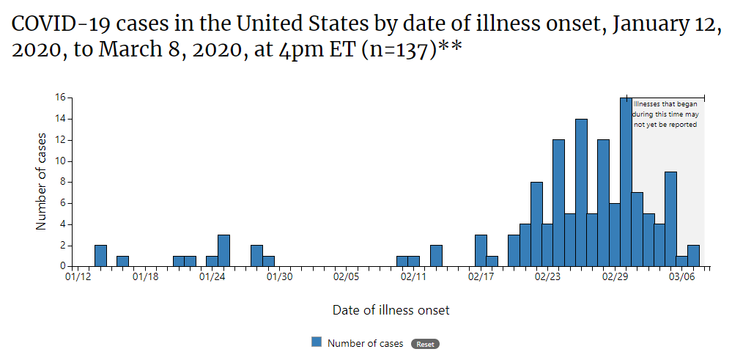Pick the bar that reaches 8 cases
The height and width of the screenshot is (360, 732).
(536, 224)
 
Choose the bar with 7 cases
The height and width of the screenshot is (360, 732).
(637, 229)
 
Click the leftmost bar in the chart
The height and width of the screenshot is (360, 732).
(100, 256)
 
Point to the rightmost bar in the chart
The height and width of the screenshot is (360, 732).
(693, 256)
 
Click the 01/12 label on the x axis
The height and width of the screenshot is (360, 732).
(78, 277)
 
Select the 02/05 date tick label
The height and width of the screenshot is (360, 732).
(346, 277)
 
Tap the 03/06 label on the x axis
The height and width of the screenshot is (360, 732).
(681, 277)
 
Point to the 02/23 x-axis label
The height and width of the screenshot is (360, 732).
(547, 277)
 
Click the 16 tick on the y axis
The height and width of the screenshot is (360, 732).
(60, 98)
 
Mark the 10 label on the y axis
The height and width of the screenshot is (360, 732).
(60, 161)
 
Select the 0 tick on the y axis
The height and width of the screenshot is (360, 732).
(63, 266)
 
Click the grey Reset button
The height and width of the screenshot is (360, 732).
(425, 344)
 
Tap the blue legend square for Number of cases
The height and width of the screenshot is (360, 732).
(317, 342)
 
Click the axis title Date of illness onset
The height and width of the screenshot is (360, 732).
(391, 310)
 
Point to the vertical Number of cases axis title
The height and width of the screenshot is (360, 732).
(42, 181)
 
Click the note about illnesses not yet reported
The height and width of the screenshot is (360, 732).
(665, 114)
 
